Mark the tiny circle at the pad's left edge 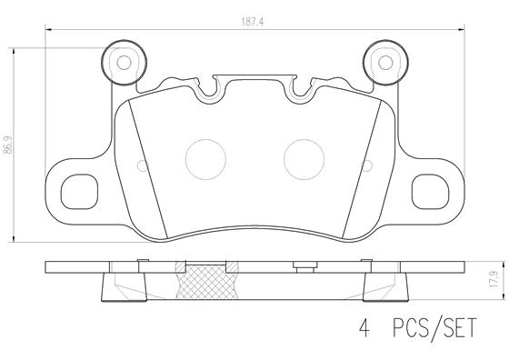point(140,165)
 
